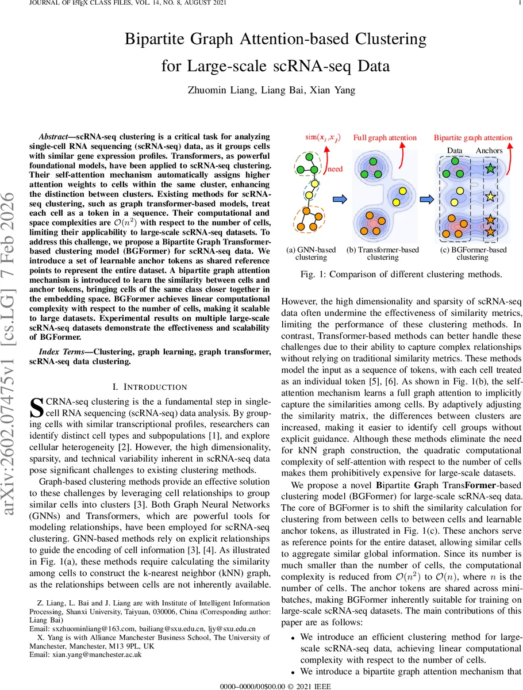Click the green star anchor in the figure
coord(490,169)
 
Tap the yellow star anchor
coord(490,197)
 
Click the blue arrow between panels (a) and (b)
coord(340,199)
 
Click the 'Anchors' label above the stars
coord(489,151)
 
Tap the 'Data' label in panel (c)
coord(455,151)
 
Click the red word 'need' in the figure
coord(335,170)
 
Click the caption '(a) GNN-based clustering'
coord(311,254)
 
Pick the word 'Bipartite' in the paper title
coord(158,40)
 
